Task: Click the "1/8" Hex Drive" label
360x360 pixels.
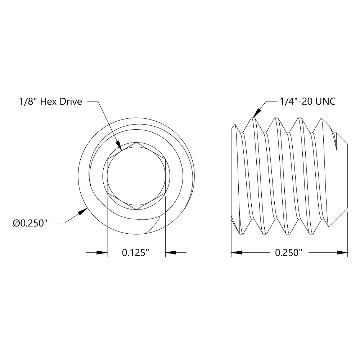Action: (50, 102)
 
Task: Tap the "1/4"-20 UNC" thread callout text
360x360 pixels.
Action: (307, 102)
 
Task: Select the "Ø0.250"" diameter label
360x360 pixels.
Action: (30, 223)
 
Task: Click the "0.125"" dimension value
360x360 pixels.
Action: (136, 253)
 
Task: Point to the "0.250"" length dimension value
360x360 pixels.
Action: (288, 253)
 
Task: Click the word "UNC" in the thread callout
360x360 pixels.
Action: (325, 102)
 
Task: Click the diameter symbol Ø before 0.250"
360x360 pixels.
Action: (16, 223)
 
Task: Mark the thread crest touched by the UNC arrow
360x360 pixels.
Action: (253, 118)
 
